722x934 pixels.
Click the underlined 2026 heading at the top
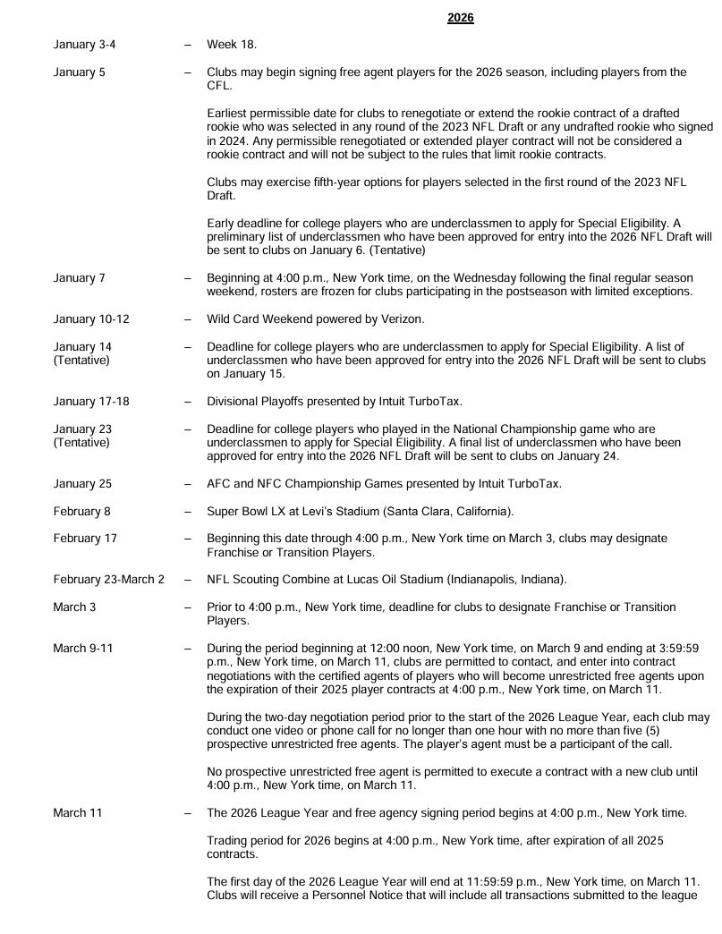(x=460, y=18)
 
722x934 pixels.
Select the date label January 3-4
(x=80, y=44)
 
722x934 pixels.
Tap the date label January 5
(x=79, y=72)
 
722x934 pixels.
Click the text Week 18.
(x=232, y=44)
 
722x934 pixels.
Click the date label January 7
(x=79, y=278)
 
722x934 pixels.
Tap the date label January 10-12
(x=86, y=319)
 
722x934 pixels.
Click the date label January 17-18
(x=90, y=402)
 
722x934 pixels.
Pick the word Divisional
(x=234, y=402)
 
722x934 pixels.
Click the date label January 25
(x=82, y=484)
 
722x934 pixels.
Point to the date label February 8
(x=84, y=511)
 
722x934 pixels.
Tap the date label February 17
(x=85, y=539)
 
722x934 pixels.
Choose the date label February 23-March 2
(x=108, y=580)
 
